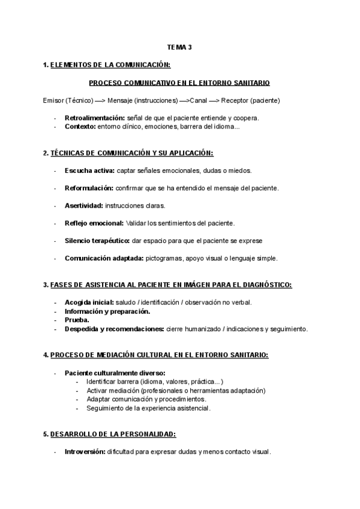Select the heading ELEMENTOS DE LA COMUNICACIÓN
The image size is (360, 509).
(110, 65)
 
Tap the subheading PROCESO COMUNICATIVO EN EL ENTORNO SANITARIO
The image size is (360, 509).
(179, 82)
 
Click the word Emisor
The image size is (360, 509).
(54, 100)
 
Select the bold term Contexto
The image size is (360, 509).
(80, 127)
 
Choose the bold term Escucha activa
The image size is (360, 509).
(89, 170)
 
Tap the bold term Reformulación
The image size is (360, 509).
(88, 188)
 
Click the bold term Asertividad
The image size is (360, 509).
(83, 206)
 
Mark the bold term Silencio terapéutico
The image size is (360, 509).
(97, 241)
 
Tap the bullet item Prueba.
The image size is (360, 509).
(77, 320)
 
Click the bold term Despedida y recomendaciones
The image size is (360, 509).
(114, 329)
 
